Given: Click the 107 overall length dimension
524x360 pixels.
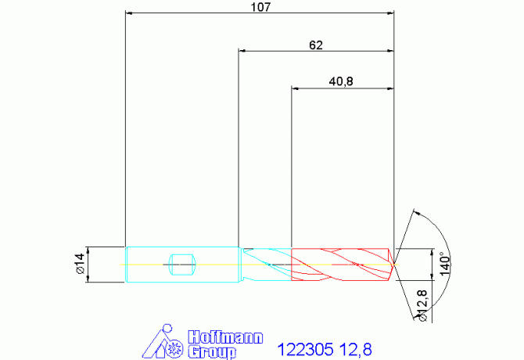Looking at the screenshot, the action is pyautogui.click(x=260, y=7).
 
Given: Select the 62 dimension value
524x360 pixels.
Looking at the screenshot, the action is pyautogui.click(x=316, y=45).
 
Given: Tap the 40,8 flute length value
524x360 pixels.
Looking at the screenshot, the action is pyautogui.click(x=341, y=81).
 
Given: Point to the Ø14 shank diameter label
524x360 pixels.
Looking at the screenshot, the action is pyautogui.click(x=81, y=264).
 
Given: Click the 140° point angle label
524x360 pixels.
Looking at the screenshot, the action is pyautogui.click(x=445, y=264).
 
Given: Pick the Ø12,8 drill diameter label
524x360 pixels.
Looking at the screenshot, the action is pyautogui.click(x=422, y=305).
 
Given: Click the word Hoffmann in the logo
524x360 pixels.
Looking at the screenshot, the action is pyautogui.click(x=225, y=337).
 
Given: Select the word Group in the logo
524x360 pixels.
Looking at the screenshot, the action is pyautogui.click(x=212, y=352).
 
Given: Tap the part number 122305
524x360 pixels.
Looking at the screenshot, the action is pyautogui.click(x=306, y=350).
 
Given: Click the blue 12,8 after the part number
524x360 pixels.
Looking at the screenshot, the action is pyautogui.click(x=356, y=350).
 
